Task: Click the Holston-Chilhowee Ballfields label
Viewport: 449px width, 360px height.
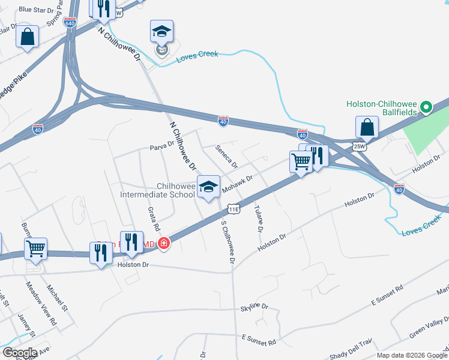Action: click(381, 103)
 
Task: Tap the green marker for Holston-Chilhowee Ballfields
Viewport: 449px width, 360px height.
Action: click(426, 108)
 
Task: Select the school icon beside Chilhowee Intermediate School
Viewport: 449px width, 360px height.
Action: click(208, 187)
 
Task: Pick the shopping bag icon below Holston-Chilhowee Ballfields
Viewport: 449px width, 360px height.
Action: click(367, 127)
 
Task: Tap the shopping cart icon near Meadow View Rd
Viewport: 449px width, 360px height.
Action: click(36, 248)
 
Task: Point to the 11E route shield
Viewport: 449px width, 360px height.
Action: click(234, 209)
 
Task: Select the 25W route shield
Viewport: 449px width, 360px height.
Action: click(360, 146)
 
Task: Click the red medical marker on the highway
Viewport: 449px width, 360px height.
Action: click(163, 244)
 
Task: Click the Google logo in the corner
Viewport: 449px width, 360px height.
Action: click(20, 352)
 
